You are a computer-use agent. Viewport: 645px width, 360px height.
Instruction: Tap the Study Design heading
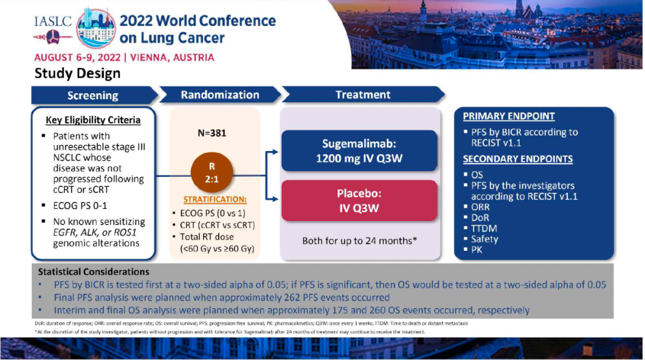tap(77, 73)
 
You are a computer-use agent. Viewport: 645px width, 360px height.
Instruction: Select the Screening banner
tap(93, 96)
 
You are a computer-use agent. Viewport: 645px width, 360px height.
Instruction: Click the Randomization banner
tap(220, 95)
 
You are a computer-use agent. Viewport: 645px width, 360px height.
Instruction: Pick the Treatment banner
tap(363, 95)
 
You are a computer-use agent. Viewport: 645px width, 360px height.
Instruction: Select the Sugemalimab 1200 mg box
tap(359, 152)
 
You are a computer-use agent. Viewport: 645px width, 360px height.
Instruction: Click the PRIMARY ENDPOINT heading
tap(509, 116)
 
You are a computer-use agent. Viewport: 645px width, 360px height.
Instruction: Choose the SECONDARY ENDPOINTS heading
tap(518, 159)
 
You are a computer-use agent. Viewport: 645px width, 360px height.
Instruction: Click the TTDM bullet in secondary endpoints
tap(484, 228)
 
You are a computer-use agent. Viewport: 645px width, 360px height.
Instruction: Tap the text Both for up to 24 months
tap(358, 241)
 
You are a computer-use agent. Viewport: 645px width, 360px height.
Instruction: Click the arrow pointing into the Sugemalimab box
tap(274, 152)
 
